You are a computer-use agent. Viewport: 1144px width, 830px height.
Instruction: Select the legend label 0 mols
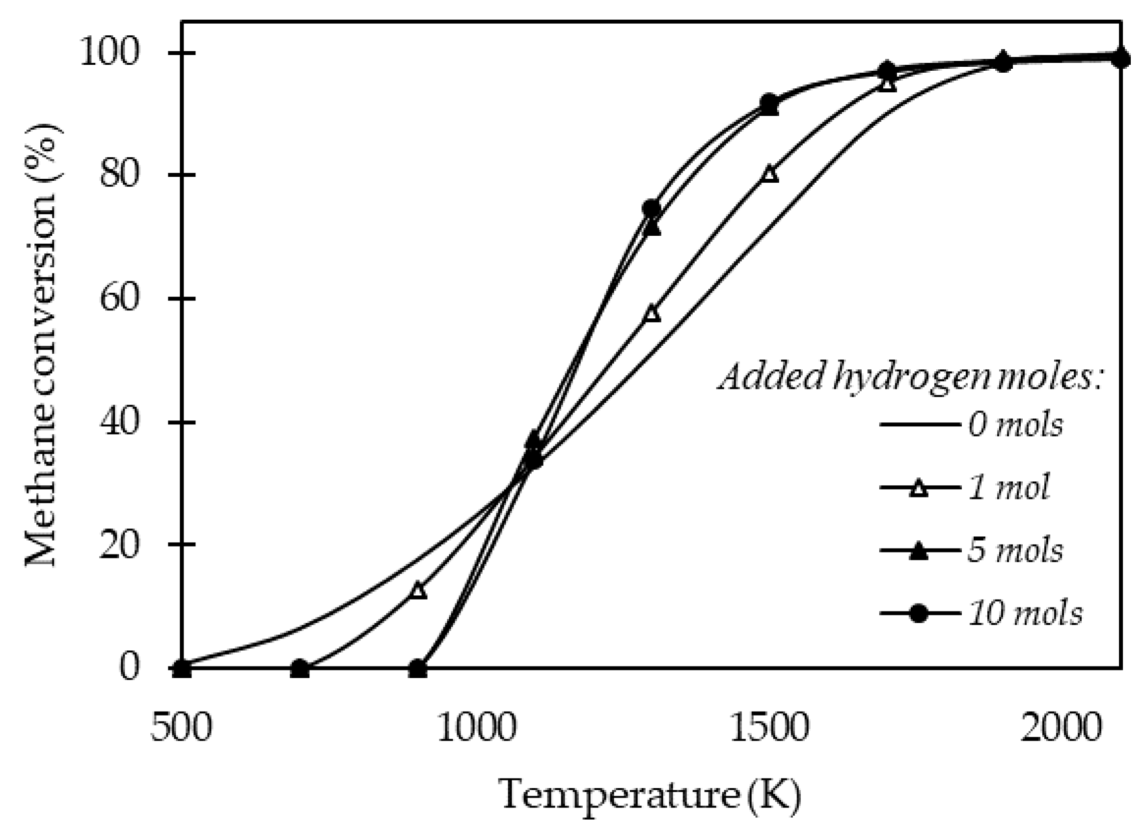pos(1015,425)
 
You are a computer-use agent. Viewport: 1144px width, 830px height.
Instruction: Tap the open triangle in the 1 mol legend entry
pos(920,488)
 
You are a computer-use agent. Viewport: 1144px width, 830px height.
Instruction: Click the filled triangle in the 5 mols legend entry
pos(920,551)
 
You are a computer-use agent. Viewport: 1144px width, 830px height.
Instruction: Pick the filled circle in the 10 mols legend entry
pos(920,613)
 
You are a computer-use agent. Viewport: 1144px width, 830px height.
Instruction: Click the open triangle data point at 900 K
pos(418,590)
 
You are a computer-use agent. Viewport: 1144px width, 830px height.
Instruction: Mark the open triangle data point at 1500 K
pos(770,174)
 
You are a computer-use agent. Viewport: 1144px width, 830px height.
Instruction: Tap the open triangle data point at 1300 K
pos(652,314)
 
